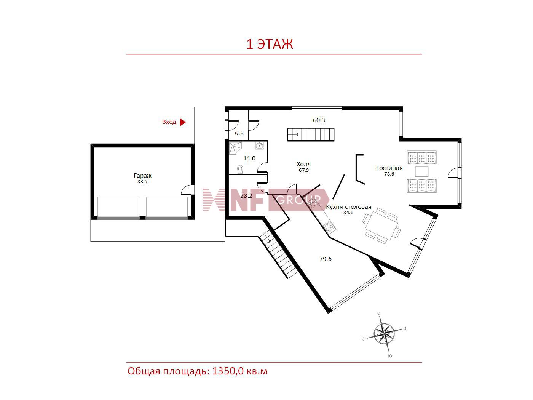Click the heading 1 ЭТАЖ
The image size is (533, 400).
(x=270, y=44)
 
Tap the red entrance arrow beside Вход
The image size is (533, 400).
(x=182, y=122)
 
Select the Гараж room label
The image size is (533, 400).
(x=142, y=176)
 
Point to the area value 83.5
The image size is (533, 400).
(x=142, y=182)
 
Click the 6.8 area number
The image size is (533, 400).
(x=239, y=133)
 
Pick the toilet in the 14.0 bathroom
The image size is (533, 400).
(x=240, y=169)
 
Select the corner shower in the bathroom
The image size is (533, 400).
(x=235, y=149)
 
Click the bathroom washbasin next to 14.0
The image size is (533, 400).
(x=259, y=146)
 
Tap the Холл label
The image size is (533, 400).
(x=303, y=164)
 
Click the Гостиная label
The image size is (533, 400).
(x=389, y=168)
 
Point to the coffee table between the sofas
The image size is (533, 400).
(x=421, y=172)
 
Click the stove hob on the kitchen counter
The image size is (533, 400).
(x=329, y=226)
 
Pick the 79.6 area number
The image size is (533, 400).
(x=326, y=259)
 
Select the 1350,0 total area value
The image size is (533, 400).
(x=228, y=371)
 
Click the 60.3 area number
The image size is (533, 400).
(x=319, y=120)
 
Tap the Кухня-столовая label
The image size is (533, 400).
(x=348, y=207)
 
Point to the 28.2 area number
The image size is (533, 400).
(x=246, y=196)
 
